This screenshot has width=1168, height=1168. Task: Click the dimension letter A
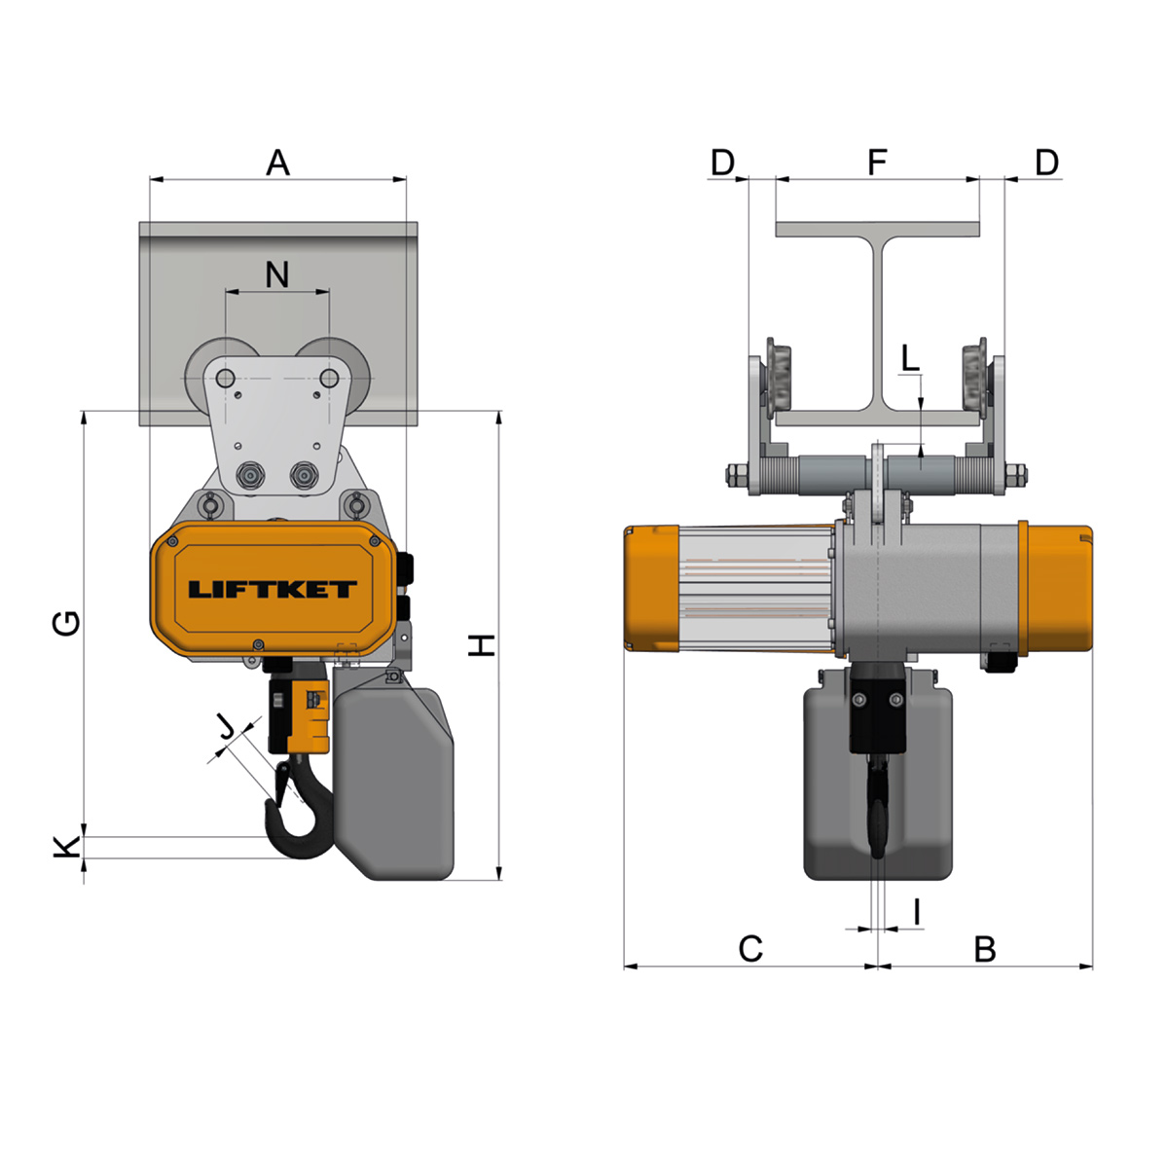[x=277, y=163]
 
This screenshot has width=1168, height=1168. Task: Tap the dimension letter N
[x=277, y=274]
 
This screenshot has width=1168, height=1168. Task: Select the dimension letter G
[x=66, y=623]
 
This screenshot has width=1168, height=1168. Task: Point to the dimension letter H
[x=482, y=645]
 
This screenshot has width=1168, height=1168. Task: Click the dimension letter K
[x=67, y=847]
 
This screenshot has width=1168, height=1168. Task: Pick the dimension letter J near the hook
[x=228, y=725]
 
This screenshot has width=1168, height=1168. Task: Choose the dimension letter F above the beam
[x=877, y=162]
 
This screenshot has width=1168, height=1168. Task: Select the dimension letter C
[x=750, y=949]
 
